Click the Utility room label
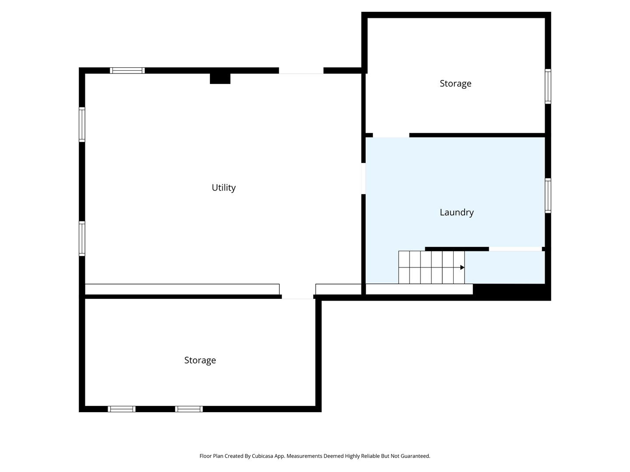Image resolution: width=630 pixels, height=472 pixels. (224, 188)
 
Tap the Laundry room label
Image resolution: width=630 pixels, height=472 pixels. (456, 212)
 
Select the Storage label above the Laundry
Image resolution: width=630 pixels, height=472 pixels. (455, 83)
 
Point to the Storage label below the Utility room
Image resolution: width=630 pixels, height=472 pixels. (200, 360)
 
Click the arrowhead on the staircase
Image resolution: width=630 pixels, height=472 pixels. (462, 267)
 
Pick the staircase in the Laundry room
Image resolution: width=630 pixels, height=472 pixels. (431, 267)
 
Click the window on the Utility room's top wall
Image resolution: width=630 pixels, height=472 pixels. (127, 70)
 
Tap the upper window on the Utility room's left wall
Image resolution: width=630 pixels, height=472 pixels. (82, 125)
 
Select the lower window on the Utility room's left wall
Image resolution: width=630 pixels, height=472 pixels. (82, 239)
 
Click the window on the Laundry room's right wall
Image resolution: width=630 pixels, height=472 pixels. (548, 196)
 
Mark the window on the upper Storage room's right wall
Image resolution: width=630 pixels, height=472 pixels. (548, 86)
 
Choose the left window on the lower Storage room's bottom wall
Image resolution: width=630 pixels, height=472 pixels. (122, 409)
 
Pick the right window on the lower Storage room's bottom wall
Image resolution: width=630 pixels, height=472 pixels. (189, 409)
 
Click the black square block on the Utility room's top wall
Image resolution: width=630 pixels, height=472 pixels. (220, 79)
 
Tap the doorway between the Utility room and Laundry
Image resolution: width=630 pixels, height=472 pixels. (364, 179)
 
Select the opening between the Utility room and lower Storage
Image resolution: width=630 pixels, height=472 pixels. (297, 297)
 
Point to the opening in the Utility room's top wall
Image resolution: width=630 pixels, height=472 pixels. (301, 70)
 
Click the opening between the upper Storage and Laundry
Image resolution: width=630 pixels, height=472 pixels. (391, 135)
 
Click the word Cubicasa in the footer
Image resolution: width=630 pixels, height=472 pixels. (262, 456)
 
